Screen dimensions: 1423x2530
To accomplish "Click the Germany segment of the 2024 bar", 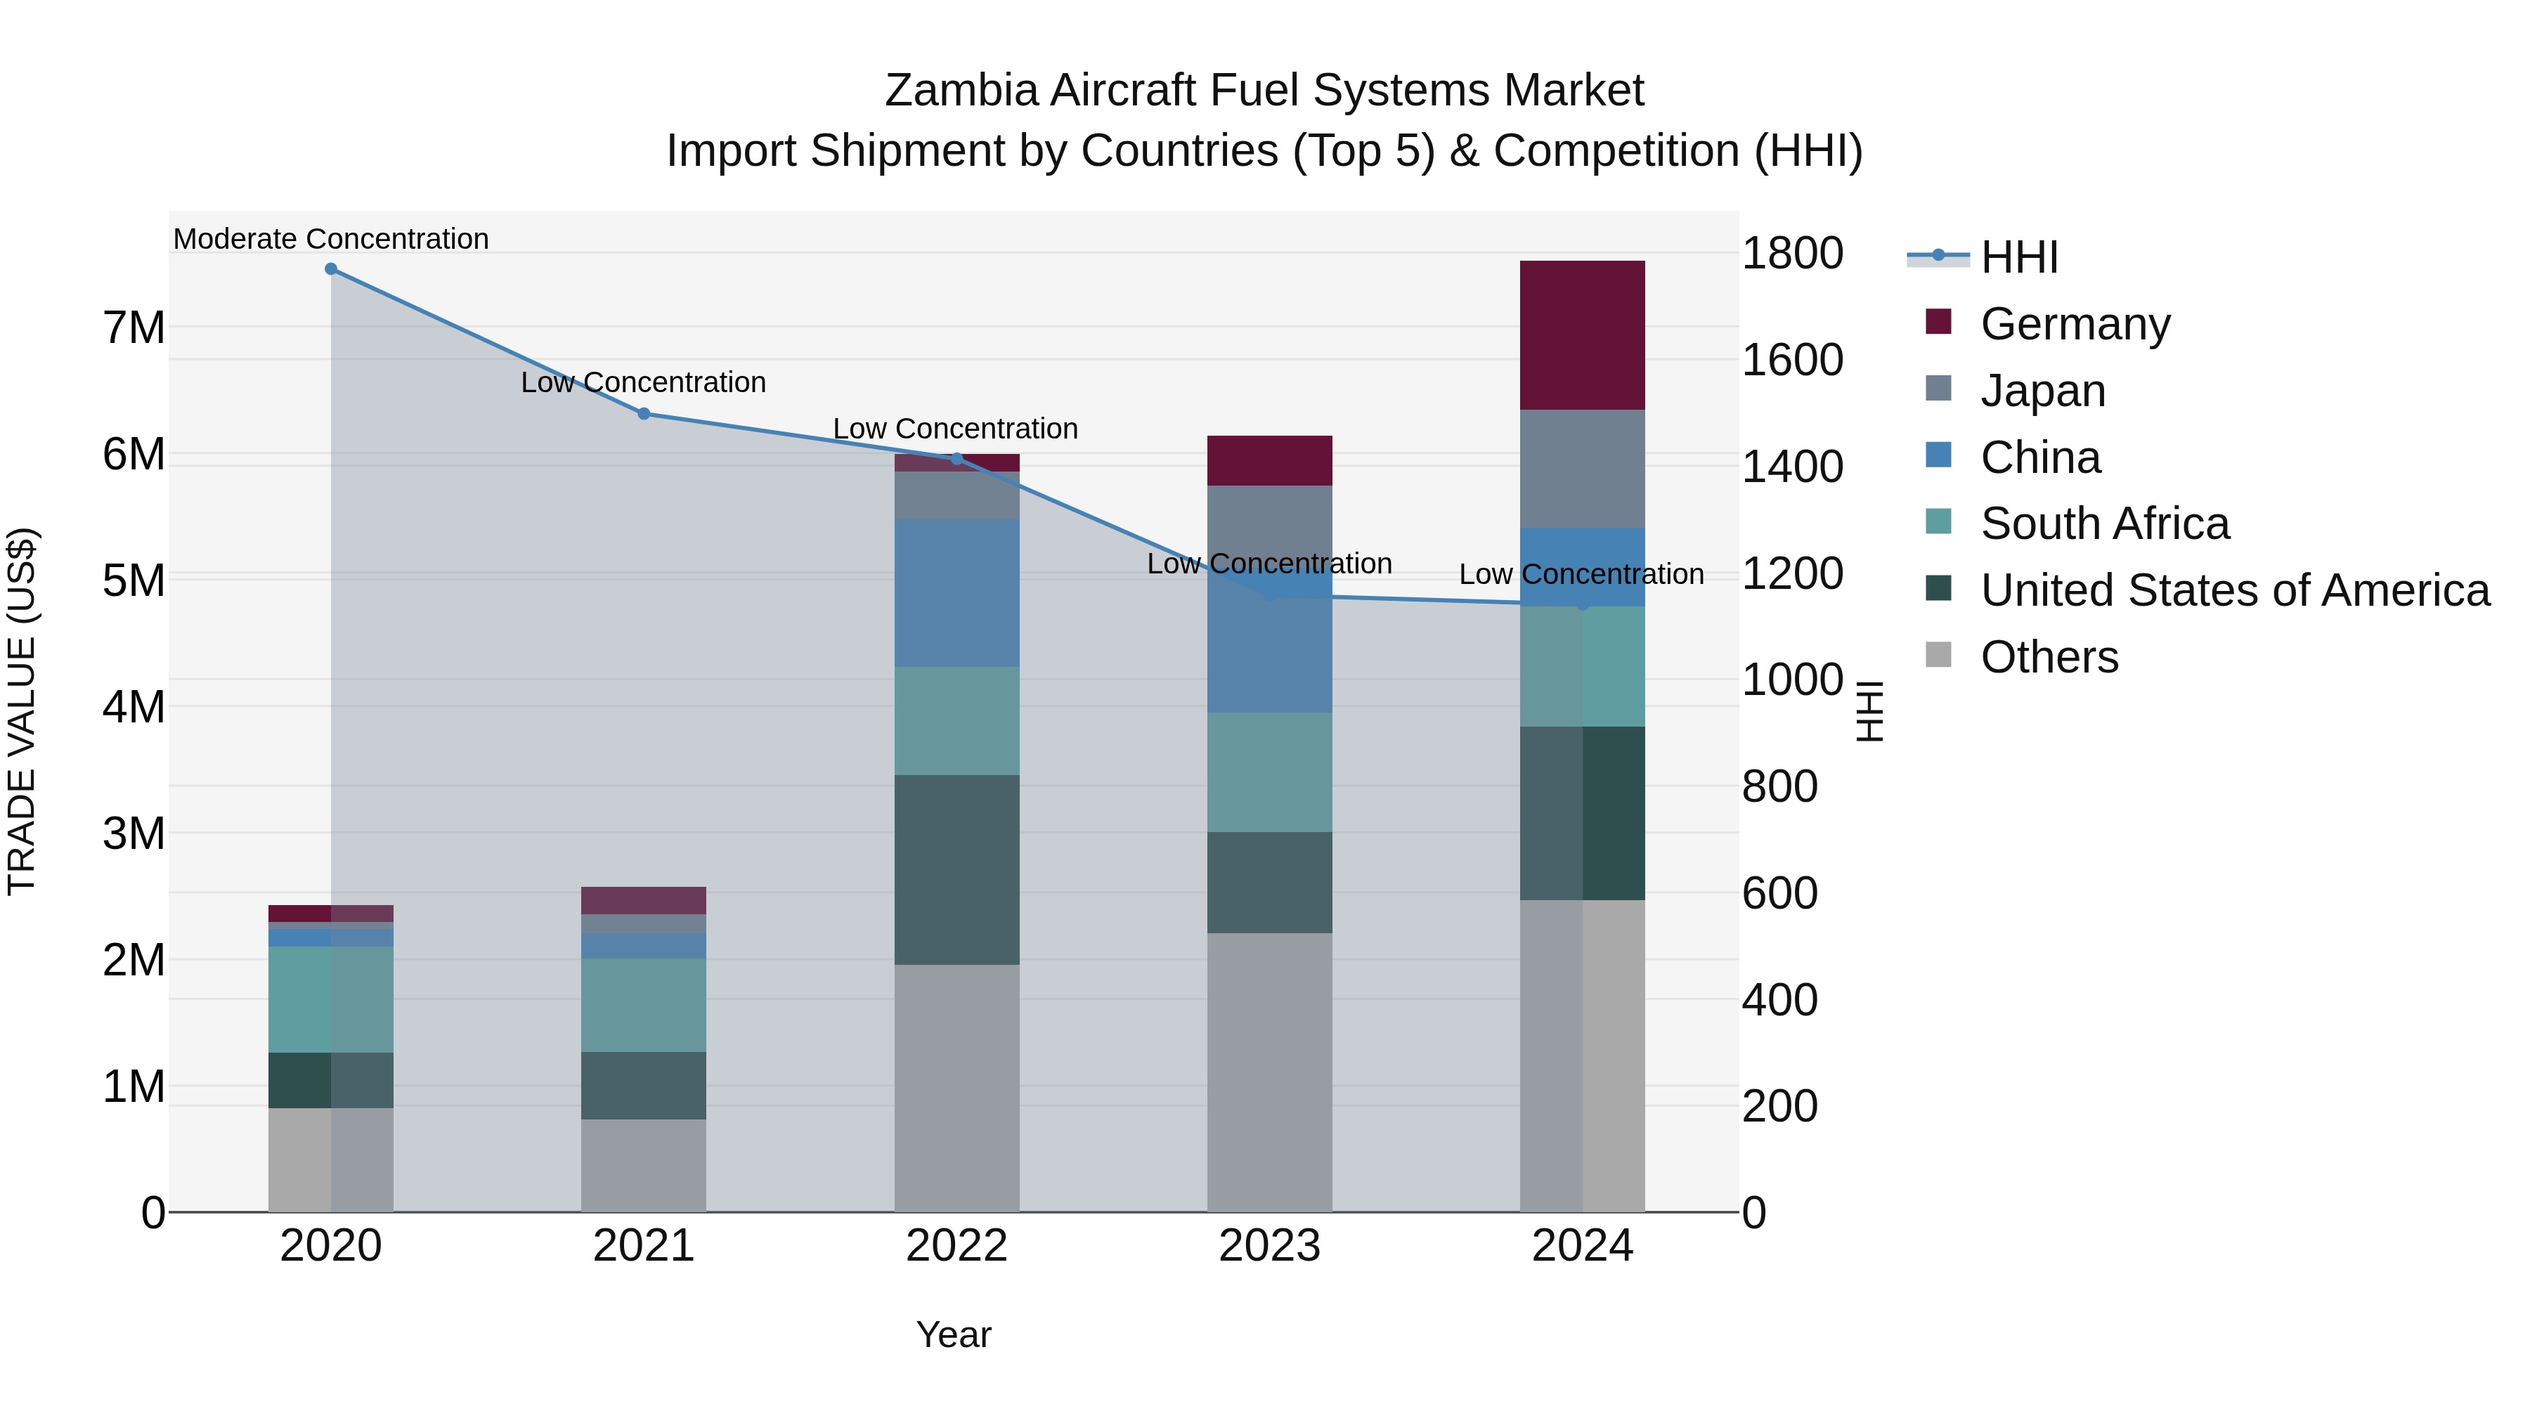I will (1581, 335).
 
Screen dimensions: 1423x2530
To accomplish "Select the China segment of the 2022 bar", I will (956, 593).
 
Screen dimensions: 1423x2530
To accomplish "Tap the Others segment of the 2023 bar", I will (1269, 1072).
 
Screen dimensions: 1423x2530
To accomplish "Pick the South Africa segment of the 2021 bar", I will (643, 1005).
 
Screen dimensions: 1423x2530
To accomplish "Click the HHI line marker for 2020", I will (331, 269).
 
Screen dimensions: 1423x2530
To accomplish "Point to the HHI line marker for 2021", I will (643, 413).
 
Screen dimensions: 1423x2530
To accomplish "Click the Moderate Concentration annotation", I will (331, 239).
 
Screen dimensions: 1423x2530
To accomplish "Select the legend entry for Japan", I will (2043, 390).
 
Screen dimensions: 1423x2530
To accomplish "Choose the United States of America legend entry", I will (2234, 590).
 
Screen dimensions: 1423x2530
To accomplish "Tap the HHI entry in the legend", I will (2018, 257).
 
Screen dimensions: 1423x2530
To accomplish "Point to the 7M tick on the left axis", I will (134, 327).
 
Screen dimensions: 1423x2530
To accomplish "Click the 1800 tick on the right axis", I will (1791, 254).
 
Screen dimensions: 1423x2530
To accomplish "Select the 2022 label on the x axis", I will (956, 1245).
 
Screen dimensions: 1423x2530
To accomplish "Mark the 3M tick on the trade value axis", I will (134, 833).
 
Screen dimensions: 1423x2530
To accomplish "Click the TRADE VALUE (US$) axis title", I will (22, 711).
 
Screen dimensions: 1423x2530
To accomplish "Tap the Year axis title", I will (953, 1334).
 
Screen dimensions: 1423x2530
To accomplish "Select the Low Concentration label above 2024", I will (1581, 575).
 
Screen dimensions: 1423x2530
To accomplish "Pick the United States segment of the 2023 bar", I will (1269, 882).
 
